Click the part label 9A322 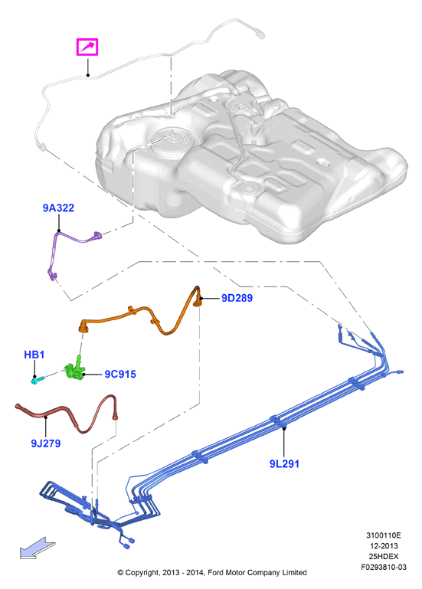pos(58,208)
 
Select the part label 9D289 pos(237,298)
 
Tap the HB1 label pos(34,354)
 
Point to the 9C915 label pos(120,374)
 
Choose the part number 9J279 pos(45,443)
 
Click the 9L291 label pos(284,464)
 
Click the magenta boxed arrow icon pos(87,47)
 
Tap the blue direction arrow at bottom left pos(38,548)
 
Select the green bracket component pos(75,370)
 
